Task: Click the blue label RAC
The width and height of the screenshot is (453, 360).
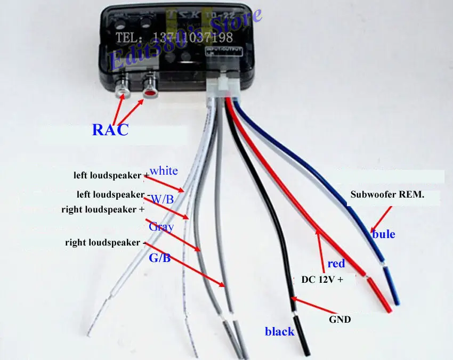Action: click(110, 129)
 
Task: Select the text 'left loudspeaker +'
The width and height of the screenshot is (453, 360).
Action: click(111, 175)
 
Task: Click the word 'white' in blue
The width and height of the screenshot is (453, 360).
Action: click(164, 171)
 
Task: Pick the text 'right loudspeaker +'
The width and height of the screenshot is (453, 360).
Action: click(103, 209)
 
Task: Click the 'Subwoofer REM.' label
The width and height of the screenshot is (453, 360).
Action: click(387, 194)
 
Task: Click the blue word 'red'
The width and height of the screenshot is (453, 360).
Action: click(336, 263)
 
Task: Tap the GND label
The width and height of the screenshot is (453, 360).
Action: click(340, 320)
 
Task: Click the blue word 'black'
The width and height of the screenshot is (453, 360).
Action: click(280, 331)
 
